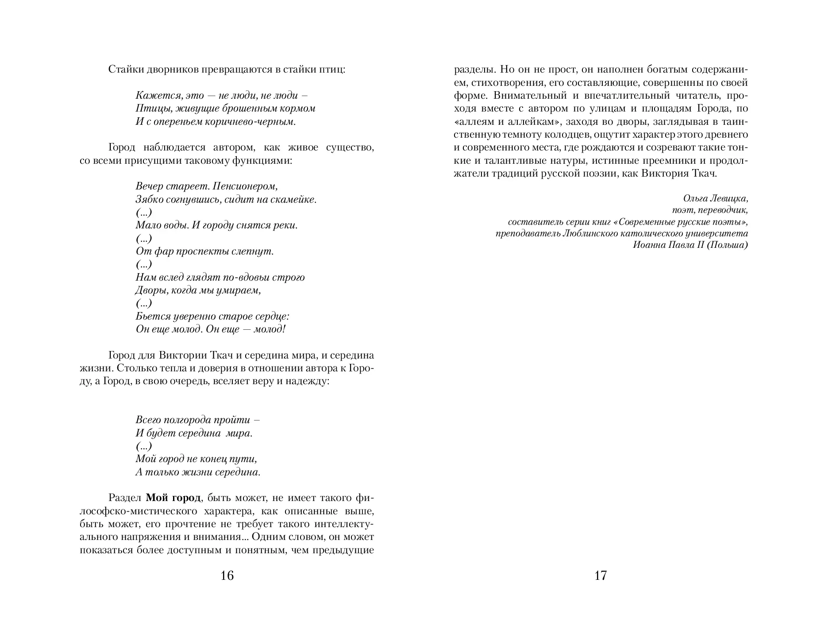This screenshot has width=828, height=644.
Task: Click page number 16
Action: (227, 575)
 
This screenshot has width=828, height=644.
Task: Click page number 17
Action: (601, 575)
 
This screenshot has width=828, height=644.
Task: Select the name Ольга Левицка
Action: (715, 198)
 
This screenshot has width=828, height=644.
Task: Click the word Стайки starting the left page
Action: (122, 69)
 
